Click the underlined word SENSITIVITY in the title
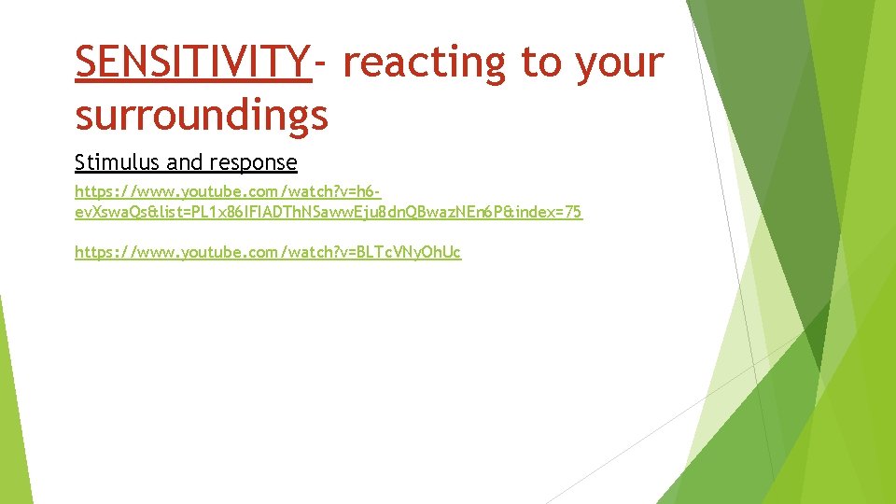point(193,62)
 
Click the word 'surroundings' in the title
point(202,116)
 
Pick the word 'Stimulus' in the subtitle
point(110,163)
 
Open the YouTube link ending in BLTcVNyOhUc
point(268,252)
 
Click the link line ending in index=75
point(329,213)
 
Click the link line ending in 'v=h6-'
point(228,190)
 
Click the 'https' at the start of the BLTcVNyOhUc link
point(91,252)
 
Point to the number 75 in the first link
point(574,213)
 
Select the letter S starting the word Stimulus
point(79,163)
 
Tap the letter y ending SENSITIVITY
point(299,62)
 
